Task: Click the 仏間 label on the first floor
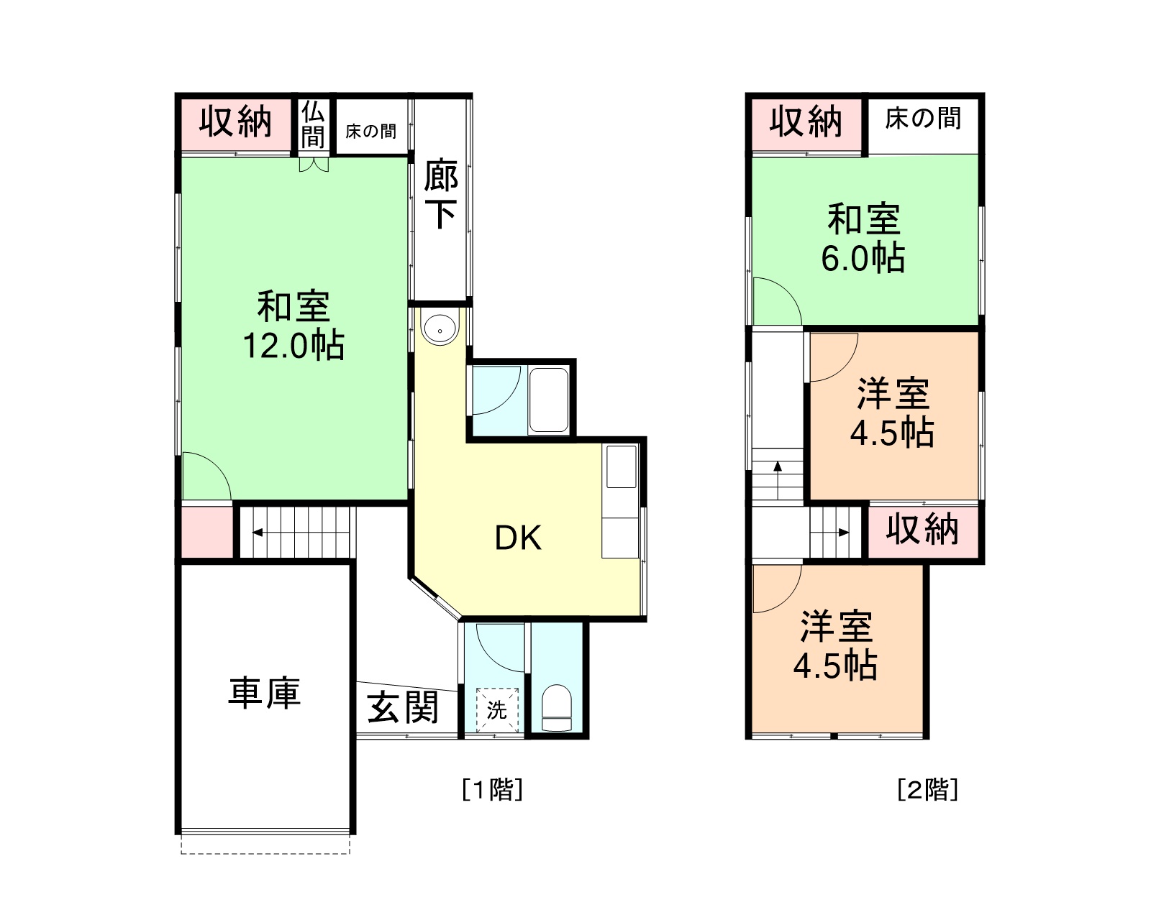[x=313, y=126]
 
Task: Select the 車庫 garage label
[x=265, y=693]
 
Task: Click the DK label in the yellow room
[x=518, y=538]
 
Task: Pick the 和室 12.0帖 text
[x=294, y=326]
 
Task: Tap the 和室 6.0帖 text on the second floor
[x=863, y=239]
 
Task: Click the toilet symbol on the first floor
[x=557, y=707]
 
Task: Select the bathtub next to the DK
[x=549, y=400]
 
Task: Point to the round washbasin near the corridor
[x=439, y=328]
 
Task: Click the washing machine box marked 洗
[x=497, y=710]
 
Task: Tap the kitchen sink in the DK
[x=622, y=466]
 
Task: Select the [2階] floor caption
[x=928, y=789]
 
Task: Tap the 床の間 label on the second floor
[x=923, y=118]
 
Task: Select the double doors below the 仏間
[x=314, y=165]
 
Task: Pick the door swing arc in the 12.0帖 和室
[x=217, y=466]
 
